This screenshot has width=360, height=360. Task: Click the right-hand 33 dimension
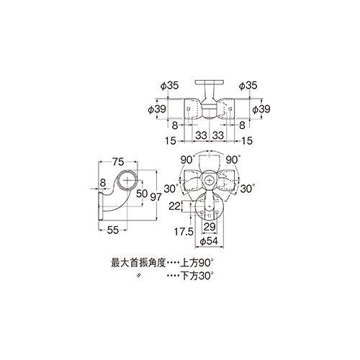pyautogui.click(x=222, y=134)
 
